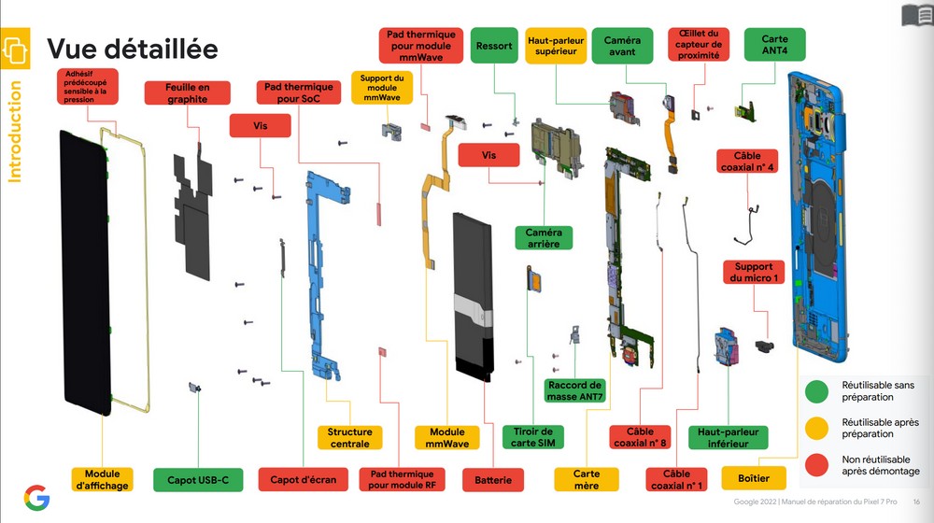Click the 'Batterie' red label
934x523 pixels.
point(493,480)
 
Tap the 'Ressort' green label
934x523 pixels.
point(494,45)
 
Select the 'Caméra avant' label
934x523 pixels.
point(622,46)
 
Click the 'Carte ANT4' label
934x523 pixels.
point(774,45)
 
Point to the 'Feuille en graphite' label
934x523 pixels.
point(187,92)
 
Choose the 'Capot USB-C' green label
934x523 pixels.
point(198,480)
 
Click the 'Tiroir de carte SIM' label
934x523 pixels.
point(533,437)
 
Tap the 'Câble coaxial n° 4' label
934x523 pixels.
point(747,162)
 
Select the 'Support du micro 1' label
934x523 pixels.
point(754,272)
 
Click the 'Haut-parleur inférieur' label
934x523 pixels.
point(728,437)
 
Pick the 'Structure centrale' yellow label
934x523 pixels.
point(349,437)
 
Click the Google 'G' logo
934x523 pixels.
point(37,498)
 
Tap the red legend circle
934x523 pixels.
point(816,465)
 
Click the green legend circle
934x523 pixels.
point(816,391)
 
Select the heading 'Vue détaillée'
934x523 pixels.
point(133,49)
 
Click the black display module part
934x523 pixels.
point(85,273)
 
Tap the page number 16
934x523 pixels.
point(916,502)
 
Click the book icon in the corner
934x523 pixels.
point(917,14)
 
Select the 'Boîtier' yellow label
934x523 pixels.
point(754,478)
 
